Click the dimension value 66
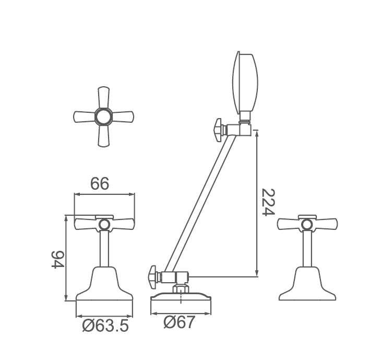click(100, 183)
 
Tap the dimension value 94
click(58, 259)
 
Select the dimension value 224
click(269, 202)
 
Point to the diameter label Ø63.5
click(105, 326)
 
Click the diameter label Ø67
click(180, 322)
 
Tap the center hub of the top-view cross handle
click(104, 117)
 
